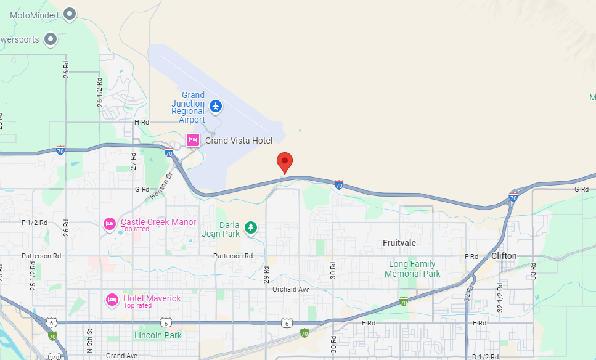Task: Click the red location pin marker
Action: [x=284, y=162]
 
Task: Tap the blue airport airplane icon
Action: [x=215, y=106]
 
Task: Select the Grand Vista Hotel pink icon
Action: [x=193, y=140]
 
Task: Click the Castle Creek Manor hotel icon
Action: [x=110, y=224]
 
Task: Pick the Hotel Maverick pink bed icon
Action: [x=112, y=300]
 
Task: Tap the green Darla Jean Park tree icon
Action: [x=251, y=227]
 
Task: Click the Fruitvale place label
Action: [x=399, y=243]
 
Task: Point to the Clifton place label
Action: [x=504, y=256]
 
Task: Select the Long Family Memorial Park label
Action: [x=414, y=269]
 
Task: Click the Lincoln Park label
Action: [x=158, y=335]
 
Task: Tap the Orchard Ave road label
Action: [x=291, y=290]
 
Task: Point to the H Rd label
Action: [x=142, y=122]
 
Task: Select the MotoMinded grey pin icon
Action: [x=70, y=14]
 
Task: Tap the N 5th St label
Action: [x=89, y=342]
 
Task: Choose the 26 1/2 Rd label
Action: [x=100, y=92]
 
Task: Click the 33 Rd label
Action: [x=533, y=269]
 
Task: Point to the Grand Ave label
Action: [x=121, y=356]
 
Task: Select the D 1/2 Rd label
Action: [x=485, y=356]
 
